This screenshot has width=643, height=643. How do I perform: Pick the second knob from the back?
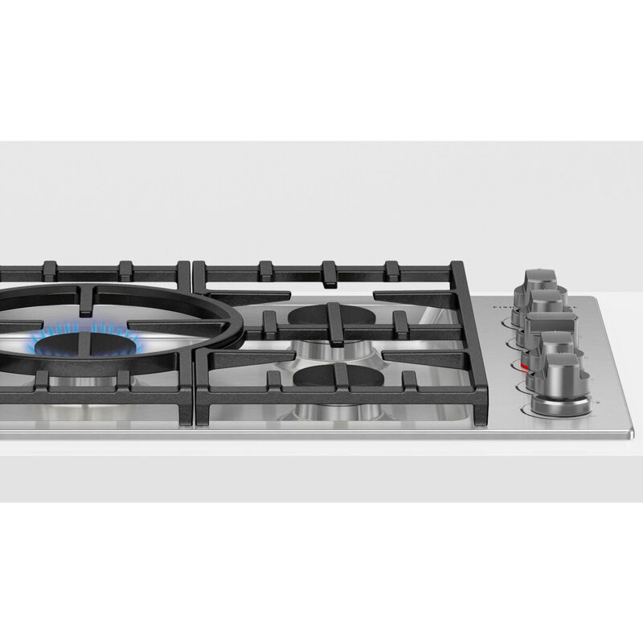[x=545, y=303]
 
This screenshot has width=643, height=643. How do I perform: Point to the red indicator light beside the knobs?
[x=525, y=369]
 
